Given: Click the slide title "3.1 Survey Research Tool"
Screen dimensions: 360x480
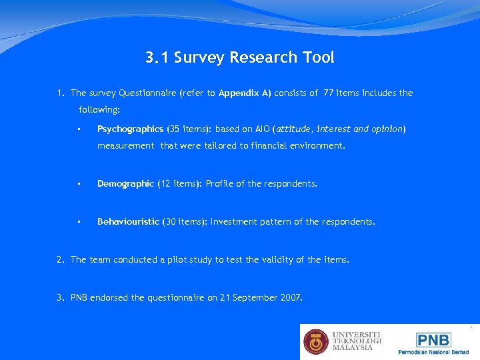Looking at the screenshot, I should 240,58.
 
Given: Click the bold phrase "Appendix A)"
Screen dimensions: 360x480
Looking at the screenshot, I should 245,93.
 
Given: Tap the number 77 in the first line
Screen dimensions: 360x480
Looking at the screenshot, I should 328,93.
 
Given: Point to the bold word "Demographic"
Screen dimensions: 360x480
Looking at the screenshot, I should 125,183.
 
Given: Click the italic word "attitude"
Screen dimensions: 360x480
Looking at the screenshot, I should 294,129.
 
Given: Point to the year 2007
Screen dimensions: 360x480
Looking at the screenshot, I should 291,297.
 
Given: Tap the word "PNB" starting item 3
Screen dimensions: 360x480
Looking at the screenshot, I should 81,297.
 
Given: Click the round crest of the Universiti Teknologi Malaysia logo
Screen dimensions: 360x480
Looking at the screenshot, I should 316,341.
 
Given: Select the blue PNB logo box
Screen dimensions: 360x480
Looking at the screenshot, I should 433,339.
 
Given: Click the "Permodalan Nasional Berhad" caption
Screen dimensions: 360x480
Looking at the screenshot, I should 433,352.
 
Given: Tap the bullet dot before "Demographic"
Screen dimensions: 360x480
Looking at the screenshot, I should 79,183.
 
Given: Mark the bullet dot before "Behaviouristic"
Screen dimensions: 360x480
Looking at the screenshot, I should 79,221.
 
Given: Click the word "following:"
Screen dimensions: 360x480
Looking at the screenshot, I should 99,109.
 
